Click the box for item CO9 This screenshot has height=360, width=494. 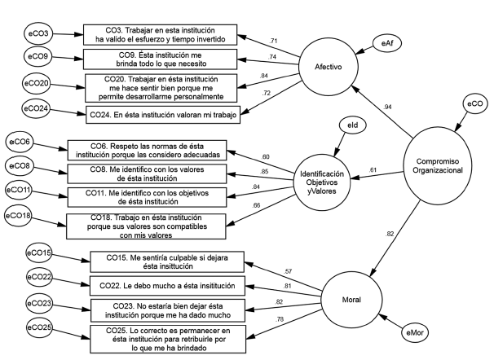[160, 59]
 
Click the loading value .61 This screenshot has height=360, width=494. [373, 169]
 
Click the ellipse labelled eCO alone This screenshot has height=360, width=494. [476, 104]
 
